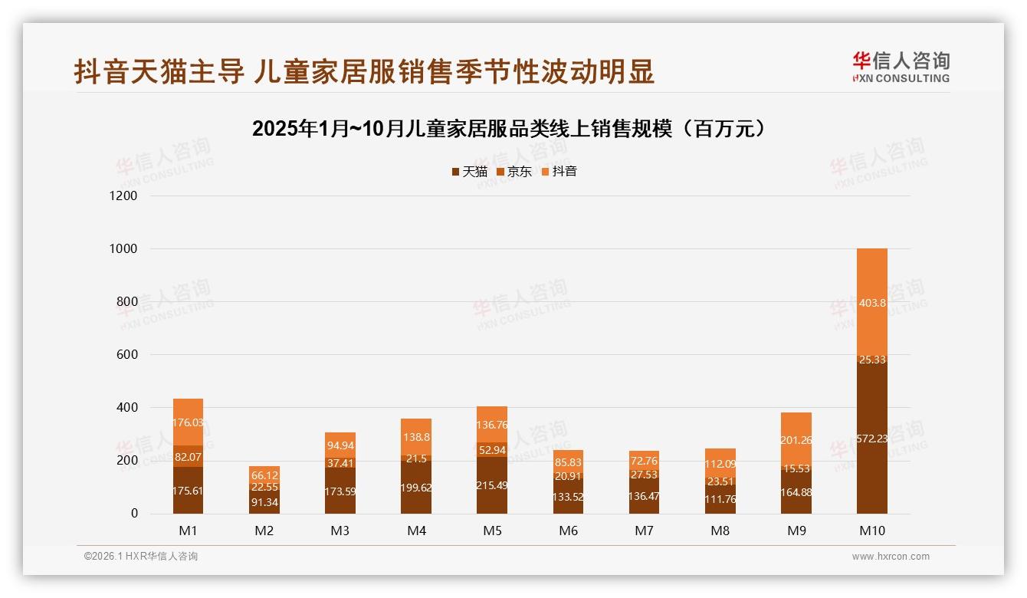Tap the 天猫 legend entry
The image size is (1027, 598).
point(469,172)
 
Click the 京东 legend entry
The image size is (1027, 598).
point(514,172)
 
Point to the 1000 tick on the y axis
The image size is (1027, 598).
point(123,249)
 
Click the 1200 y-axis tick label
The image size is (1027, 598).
point(123,196)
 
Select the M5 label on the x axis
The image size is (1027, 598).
point(492,531)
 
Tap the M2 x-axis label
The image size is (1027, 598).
point(264,531)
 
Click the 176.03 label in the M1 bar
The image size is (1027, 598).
point(189,422)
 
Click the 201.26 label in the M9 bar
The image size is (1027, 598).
point(796,440)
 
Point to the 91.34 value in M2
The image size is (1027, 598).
point(264,502)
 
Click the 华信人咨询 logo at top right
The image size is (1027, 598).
point(901,67)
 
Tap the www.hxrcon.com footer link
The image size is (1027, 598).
point(891,557)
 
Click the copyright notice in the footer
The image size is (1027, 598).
point(141,557)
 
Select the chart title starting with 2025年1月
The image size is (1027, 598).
point(509,129)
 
